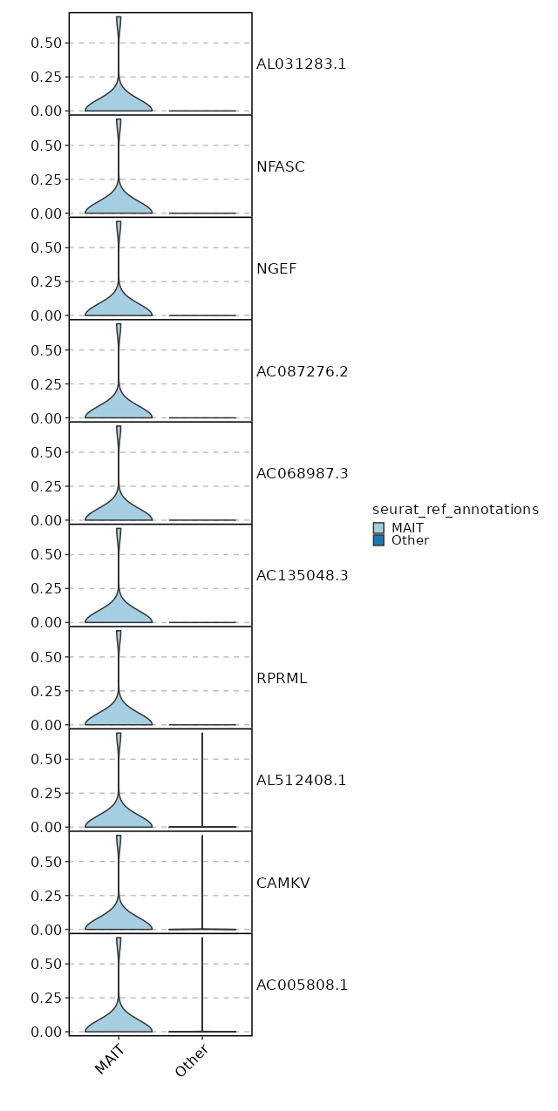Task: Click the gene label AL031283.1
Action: click(x=301, y=64)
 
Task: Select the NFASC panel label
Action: click(x=281, y=166)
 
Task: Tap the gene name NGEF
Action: click(x=276, y=268)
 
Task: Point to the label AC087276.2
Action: click(x=302, y=371)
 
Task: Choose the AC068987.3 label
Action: click(x=302, y=473)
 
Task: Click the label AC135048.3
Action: click(x=302, y=575)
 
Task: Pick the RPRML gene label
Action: click(x=282, y=678)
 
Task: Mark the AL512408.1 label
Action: click(x=301, y=780)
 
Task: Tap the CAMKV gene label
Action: click(x=283, y=883)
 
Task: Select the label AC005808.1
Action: click(x=302, y=985)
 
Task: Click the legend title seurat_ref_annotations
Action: click(x=455, y=509)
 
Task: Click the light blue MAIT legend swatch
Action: click(x=378, y=528)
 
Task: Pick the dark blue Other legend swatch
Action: click(x=378, y=540)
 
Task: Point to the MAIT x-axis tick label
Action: click(x=112, y=1059)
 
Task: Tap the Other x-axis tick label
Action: click(x=194, y=1060)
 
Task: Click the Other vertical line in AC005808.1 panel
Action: click(x=202, y=985)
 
